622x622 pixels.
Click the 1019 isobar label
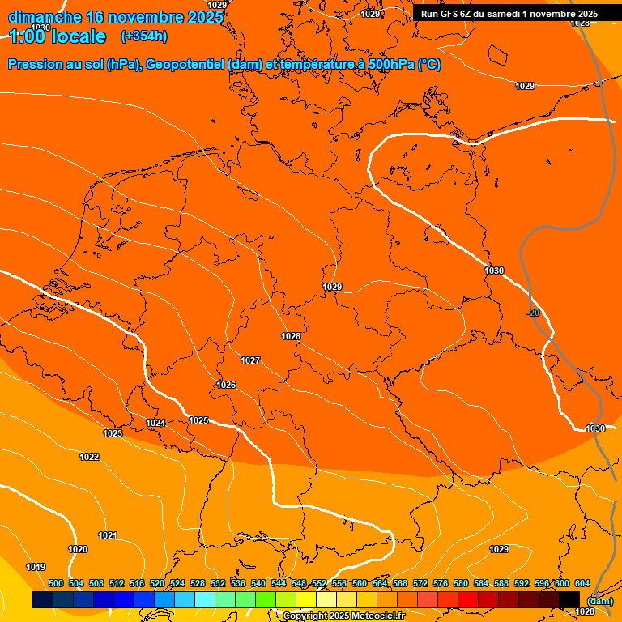click(36, 567)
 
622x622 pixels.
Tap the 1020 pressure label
click(78, 549)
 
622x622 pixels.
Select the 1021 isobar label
click(108, 535)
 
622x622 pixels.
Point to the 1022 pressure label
click(89, 458)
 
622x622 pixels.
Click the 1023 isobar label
click(113, 434)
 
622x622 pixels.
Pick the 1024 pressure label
click(155, 423)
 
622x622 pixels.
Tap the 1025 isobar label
click(198, 420)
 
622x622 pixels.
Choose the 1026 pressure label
click(226, 385)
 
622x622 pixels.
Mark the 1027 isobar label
click(250, 360)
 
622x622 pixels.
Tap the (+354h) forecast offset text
click(144, 36)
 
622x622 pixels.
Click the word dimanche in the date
click(45, 17)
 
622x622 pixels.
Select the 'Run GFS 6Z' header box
click(509, 13)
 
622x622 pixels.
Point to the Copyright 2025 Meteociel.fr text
click(343, 616)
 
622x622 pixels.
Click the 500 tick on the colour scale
click(56, 583)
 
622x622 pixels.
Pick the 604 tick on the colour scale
click(582, 583)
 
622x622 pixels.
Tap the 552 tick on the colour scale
click(319, 583)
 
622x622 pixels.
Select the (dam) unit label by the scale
click(599, 601)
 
